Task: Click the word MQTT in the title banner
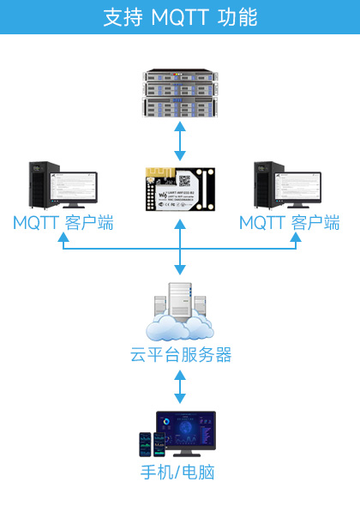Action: [179, 17]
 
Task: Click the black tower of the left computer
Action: [38, 184]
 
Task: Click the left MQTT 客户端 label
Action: [63, 224]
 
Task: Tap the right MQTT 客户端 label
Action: [289, 224]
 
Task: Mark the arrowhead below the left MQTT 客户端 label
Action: [62, 239]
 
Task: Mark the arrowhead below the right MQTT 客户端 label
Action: [297, 239]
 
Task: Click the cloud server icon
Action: [179, 314]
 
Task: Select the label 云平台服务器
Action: [180, 355]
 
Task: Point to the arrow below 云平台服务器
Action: [179, 387]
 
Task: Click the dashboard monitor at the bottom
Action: [186, 432]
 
